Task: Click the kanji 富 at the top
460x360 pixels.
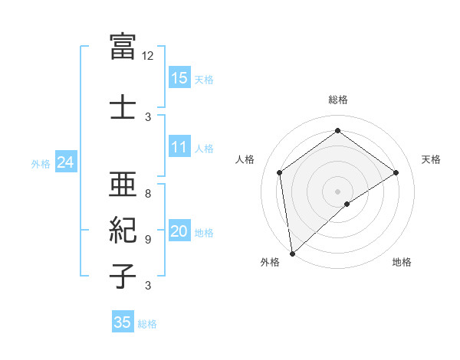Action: pyautogui.click(x=123, y=47)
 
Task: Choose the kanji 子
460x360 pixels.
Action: pyautogui.click(x=123, y=275)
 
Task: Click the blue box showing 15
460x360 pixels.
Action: pyautogui.click(x=179, y=78)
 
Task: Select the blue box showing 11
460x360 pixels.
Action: pyautogui.click(x=179, y=147)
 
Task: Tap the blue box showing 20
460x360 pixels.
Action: pyautogui.click(x=179, y=232)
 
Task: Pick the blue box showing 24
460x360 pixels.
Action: pyautogui.click(x=65, y=162)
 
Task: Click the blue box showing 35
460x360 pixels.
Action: pyautogui.click(x=123, y=322)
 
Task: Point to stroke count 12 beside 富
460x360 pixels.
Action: pyautogui.click(x=148, y=56)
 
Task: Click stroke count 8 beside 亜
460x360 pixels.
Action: pyautogui.click(x=148, y=194)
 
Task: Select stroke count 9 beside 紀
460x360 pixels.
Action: pyautogui.click(x=148, y=240)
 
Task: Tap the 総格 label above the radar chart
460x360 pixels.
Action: pyautogui.click(x=337, y=100)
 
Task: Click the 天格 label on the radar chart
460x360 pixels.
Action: pyautogui.click(x=431, y=159)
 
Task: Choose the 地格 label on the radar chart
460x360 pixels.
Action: pyautogui.click(x=402, y=263)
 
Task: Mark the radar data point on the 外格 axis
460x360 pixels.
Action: pyautogui.click(x=291, y=253)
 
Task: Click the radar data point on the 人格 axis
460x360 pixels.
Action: pyautogui.click(x=280, y=172)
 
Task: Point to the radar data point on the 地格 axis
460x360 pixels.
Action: pyautogui.click(x=347, y=204)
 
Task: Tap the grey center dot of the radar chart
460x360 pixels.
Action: pyautogui.click(x=337, y=190)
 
